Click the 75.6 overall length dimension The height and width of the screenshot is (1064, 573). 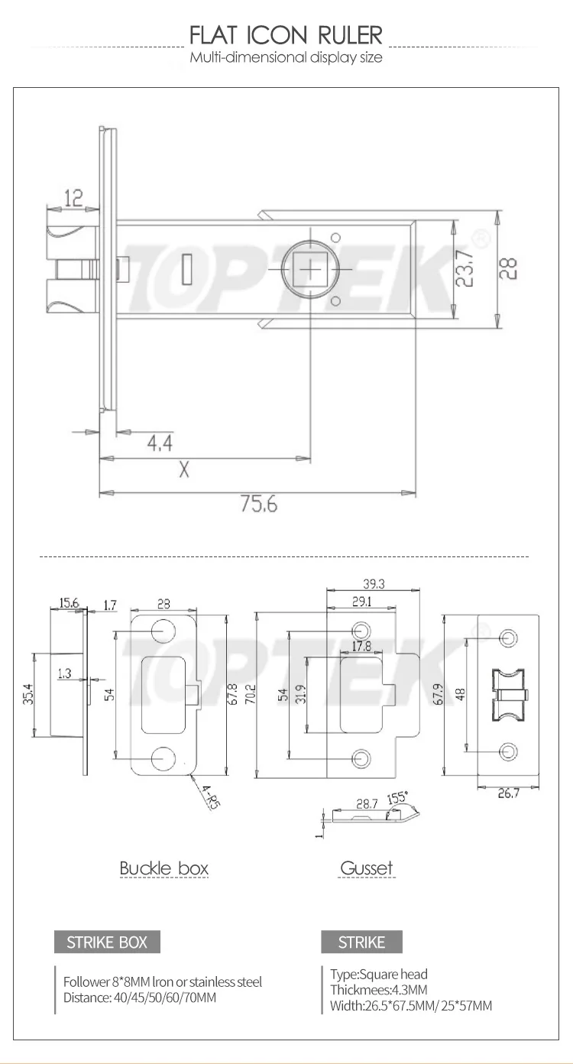[259, 505]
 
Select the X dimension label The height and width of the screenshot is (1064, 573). [183, 470]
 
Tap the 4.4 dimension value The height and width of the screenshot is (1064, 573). [159, 443]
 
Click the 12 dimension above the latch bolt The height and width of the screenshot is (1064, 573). [73, 199]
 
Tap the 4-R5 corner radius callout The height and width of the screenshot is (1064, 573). [207, 795]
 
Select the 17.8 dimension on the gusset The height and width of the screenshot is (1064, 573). [362, 647]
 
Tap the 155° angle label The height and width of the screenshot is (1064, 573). [397, 798]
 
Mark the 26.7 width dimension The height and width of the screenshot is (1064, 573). [509, 793]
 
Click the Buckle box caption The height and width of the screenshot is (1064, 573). [163, 868]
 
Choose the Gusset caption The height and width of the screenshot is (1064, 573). [366, 868]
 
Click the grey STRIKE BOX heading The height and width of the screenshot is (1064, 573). [107, 942]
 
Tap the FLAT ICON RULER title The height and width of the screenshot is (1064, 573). [286, 35]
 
